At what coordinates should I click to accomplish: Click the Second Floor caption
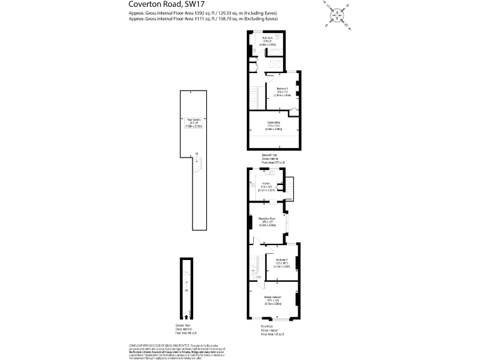(269, 158)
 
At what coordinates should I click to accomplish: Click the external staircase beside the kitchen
(292, 186)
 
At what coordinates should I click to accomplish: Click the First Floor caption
(272, 330)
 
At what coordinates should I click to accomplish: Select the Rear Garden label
(193, 121)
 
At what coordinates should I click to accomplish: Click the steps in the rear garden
(198, 166)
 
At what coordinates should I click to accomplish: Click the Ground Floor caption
(185, 330)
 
